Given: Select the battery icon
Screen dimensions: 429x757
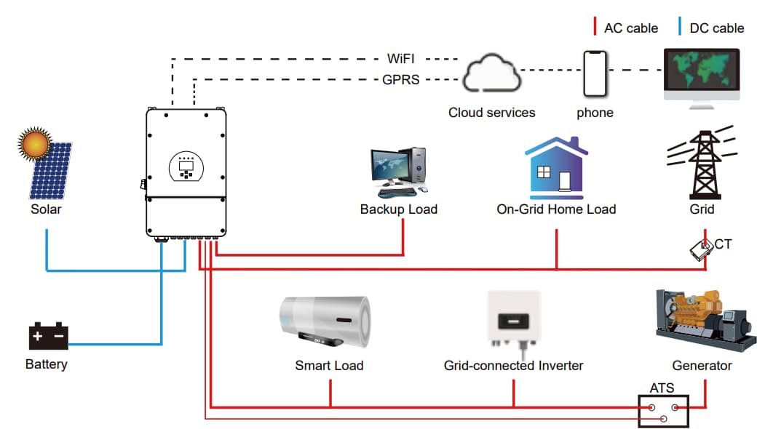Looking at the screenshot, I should coord(48,336).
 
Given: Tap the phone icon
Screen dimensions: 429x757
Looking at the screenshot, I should coord(595,73).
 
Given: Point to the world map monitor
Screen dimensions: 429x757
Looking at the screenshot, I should coord(702,75).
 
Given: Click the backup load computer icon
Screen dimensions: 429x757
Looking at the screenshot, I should coord(398,172).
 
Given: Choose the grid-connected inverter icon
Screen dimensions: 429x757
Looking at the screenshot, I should coord(513,321).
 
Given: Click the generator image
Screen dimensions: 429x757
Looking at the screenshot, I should coord(702,320).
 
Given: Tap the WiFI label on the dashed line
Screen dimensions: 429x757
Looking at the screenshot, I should coord(401,57).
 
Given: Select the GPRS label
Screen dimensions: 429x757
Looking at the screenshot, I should coord(401,80).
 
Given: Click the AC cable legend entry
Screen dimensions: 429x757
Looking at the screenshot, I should coord(626,28).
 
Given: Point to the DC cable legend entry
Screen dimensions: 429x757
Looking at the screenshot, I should coord(712,28).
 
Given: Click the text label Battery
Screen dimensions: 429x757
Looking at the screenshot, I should coord(47,364).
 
